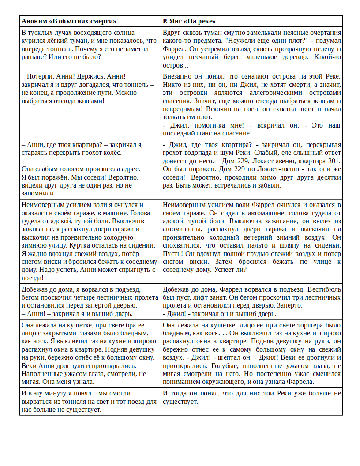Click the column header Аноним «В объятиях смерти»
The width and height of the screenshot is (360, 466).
tap(69, 21)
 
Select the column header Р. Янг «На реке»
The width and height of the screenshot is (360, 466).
tap(189, 21)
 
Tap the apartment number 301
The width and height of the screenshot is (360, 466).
tap(335, 161)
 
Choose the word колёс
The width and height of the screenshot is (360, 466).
tap(113, 153)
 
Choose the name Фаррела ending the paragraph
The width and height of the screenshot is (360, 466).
tap(300, 382)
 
